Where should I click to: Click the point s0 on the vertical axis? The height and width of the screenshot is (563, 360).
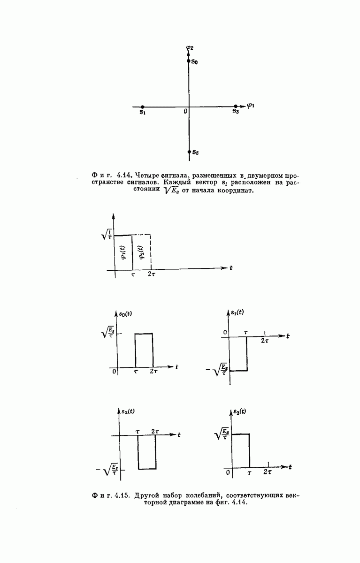[x=189, y=61]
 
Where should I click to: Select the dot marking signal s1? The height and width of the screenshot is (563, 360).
[x=143, y=107]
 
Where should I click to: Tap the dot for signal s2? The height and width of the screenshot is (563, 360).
[x=189, y=152]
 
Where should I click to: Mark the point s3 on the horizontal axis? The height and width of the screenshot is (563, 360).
[x=235, y=107]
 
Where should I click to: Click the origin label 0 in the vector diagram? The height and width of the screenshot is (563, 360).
[x=185, y=111]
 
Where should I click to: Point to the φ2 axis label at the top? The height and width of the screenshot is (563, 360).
[x=189, y=47]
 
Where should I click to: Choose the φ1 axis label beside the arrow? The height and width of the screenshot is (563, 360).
[x=250, y=105]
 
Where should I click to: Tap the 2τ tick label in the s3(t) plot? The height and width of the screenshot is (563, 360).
[x=268, y=472]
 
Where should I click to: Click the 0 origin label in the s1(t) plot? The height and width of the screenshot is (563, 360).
[x=225, y=333]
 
